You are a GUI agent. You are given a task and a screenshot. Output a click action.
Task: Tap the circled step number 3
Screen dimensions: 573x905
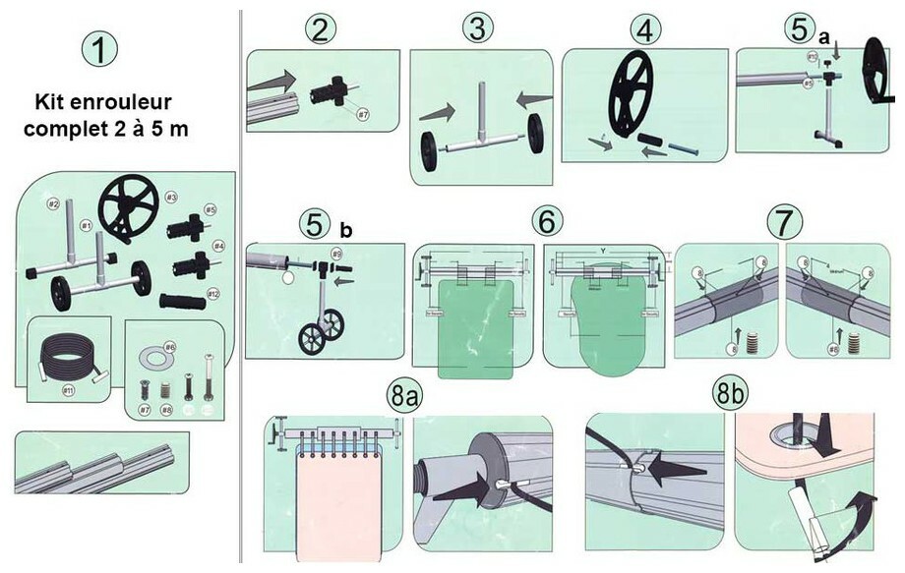(477, 29)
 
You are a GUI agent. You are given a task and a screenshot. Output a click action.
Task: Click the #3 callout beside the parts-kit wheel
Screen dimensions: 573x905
(170, 198)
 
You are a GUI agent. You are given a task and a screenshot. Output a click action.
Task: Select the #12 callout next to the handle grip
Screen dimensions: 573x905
(213, 294)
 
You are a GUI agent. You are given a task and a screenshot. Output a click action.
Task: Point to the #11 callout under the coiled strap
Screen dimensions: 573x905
(70, 390)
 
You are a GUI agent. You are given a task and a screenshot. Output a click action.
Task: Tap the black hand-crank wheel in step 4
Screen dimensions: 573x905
(635, 95)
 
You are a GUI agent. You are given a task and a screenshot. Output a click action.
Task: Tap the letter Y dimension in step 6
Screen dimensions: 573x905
(600, 250)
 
